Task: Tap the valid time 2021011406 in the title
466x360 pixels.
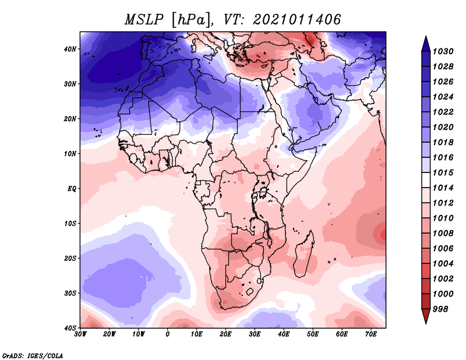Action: (296, 19)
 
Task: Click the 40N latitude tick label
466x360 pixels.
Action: (70, 49)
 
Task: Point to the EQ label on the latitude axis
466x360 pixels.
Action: (72, 189)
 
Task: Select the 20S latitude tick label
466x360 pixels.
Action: (70, 258)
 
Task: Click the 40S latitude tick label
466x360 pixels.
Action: (70, 327)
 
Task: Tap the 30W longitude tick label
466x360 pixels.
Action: (80, 334)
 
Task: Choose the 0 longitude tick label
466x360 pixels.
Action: (168, 334)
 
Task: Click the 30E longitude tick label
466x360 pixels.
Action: (255, 334)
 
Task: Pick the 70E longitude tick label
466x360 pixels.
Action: (370, 334)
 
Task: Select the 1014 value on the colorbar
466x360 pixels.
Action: (444, 189)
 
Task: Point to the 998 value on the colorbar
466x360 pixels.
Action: (442, 309)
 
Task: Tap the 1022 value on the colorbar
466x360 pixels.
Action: (444, 112)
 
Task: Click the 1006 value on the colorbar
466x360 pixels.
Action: (444, 249)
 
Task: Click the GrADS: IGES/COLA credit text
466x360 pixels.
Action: (33, 355)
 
